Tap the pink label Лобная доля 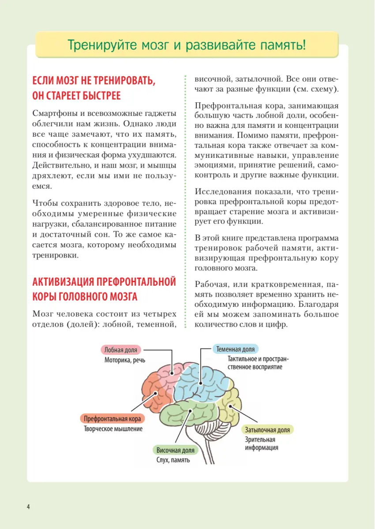coord(121,350)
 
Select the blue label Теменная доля coord(236,349)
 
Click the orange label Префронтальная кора coord(112,419)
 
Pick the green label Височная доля coord(175,451)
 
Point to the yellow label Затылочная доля coord(267,430)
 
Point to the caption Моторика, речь coord(125,360)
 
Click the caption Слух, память coord(173,460)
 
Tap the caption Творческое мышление coord(113,428)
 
